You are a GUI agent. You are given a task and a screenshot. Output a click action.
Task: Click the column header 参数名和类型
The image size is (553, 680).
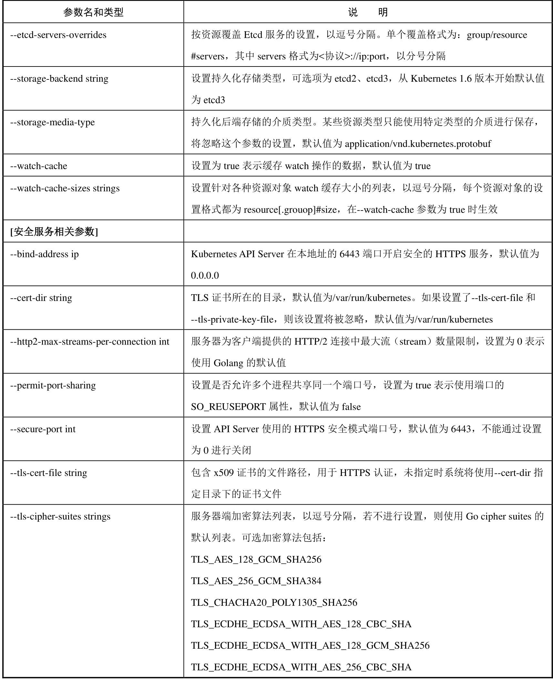click(93, 12)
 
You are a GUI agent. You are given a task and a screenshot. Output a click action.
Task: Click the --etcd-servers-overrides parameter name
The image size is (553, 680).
click(58, 35)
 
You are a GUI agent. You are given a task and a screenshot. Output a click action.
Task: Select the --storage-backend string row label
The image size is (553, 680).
click(59, 79)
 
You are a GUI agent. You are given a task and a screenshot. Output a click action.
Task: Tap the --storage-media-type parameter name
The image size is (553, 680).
click(52, 122)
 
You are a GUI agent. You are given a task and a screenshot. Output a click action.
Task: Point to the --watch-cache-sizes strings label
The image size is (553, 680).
click(65, 188)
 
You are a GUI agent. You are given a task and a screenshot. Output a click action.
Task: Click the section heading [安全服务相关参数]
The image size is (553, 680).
click(54, 232)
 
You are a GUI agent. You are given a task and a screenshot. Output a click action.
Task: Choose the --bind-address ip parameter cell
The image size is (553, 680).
click(44, 254)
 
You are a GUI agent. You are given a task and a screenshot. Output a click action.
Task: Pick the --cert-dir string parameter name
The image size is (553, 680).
click(41, 298)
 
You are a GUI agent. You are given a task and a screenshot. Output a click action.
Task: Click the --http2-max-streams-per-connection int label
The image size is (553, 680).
click(89, 342)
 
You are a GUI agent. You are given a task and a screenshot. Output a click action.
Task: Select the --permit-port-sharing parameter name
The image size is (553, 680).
click(53, 386)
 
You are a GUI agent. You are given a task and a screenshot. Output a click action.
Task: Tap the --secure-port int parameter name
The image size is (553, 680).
click(43, 429)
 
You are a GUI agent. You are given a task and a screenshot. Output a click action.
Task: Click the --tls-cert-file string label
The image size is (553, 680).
click(48, 473)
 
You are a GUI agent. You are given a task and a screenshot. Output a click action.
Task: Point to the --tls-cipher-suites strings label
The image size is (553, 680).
click(60, 517)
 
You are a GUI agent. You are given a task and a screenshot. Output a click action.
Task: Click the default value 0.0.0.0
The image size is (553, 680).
click(205, 275)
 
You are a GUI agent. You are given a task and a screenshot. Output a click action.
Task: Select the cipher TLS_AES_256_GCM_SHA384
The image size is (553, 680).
click(256, 581)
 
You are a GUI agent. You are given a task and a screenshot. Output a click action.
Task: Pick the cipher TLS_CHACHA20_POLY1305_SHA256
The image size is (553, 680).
click(274, 603)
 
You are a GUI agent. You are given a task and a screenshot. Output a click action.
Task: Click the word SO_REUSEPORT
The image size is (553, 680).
click(228, 407)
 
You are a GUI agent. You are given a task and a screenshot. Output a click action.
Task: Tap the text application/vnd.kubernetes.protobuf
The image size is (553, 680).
click(418, 144)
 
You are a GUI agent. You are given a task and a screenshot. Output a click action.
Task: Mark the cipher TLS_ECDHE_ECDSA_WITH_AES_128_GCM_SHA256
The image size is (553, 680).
click(310, 645)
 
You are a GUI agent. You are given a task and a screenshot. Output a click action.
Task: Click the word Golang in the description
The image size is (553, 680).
click(228, 363)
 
